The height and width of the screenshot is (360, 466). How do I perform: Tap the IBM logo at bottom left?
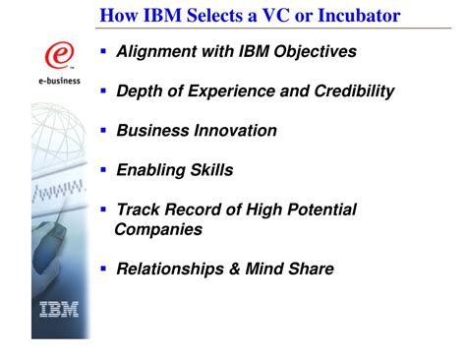tap(59, 314)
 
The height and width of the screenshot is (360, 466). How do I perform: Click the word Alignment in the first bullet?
tap(156, 51)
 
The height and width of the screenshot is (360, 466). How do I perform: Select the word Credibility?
tap(350, 90)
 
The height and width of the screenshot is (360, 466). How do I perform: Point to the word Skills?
tap(211, 169)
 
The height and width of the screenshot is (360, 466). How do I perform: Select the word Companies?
tap(158, 229)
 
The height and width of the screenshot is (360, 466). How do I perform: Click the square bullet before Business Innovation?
tap(103, 129)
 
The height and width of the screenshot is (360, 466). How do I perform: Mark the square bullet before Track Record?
tap(103, 209)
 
